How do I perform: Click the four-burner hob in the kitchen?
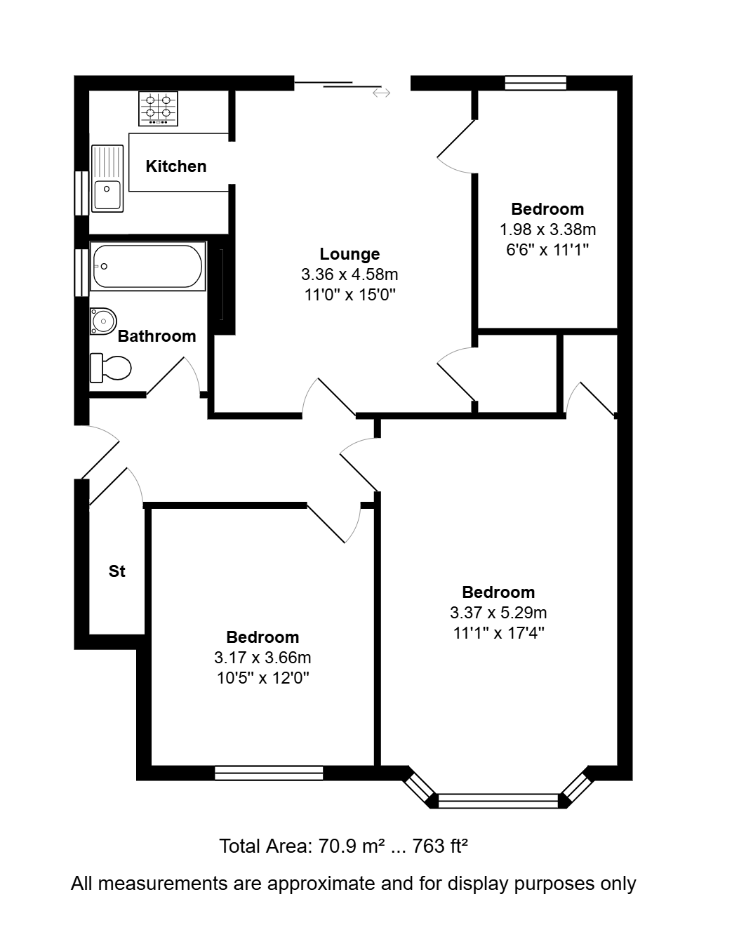pos(158,109)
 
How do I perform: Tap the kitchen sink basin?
pos(107,195)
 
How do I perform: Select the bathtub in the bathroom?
pos(147,266)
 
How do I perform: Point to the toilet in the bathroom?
pos(111,368)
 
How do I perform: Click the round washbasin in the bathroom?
pos(103,321)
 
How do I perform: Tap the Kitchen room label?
pos(176,166)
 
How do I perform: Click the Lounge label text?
pos(349,254)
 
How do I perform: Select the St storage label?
pos(116,571)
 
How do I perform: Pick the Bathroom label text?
pos(157,336)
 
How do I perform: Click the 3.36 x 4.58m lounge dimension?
pos(349,274)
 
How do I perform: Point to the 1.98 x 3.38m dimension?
pos(547,230)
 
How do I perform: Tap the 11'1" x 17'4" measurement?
pos(498,633)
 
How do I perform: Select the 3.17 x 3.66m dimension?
pos(262,658)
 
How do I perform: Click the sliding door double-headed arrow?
pos(381,93)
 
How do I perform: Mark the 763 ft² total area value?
pos(440,846)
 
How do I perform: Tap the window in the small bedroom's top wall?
pos(535,83)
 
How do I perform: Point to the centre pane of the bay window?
pos(498,801)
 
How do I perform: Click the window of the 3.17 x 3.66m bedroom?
pos(269,773)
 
